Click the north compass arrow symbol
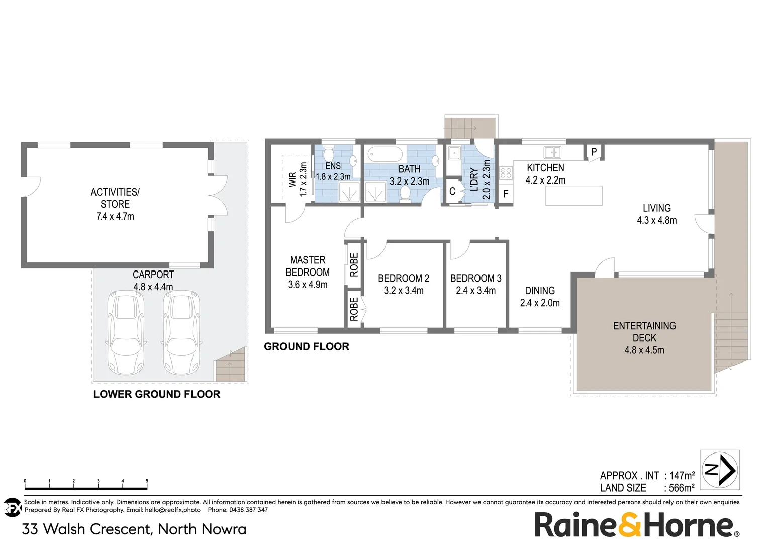point(720,470)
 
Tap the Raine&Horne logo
point(636,525)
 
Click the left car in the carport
point(126,331)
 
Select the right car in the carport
point(181,331)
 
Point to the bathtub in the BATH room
point(385,153)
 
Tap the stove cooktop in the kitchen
point(506,174)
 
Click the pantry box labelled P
point(594,152)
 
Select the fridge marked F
point(506,194)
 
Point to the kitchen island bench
point(573,196)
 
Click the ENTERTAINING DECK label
point(644,332)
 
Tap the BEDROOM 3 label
point(475,278)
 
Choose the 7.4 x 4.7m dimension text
point(115,217)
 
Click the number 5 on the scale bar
point(147,481)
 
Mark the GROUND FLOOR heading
point(307,346)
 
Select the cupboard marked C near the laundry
point(452,191)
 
